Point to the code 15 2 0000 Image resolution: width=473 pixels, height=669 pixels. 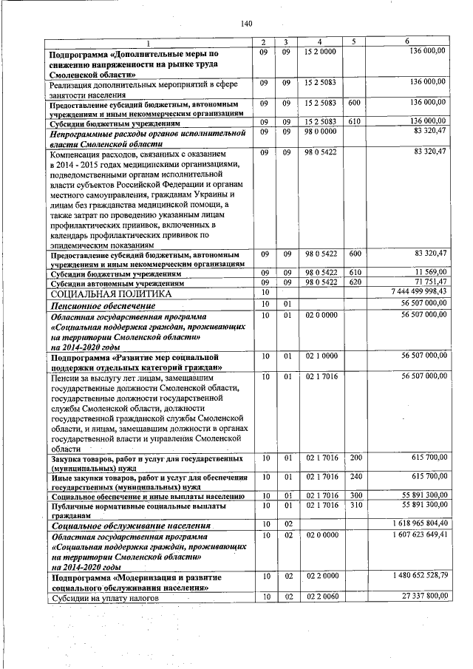pos(319,51)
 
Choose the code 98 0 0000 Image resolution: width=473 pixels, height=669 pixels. pos(319,132)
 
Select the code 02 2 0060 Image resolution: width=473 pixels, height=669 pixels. pos(319,596)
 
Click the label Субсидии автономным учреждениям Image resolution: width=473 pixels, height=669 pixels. pos(116,284)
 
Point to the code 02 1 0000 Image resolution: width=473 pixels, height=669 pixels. pos(319,356)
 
